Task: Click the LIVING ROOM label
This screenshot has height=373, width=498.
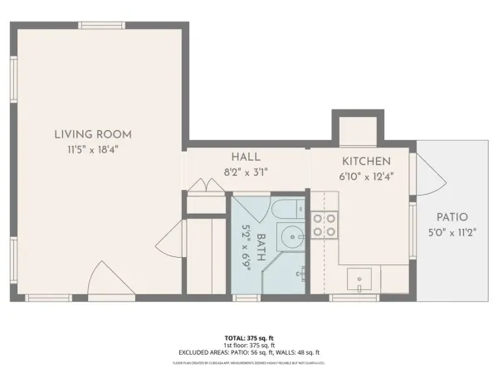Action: tap(93, 134)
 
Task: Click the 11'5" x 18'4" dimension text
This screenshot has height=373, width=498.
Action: tap(93, 150)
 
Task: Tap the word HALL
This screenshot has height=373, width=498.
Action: tap(247, 157)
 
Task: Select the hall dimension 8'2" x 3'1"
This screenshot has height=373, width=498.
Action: tap(247, 172)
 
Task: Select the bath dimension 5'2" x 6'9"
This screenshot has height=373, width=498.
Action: tap(247, 245)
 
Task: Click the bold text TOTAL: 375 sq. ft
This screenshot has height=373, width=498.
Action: tap(249, 339)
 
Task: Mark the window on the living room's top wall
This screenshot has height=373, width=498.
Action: tap(102, 26)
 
